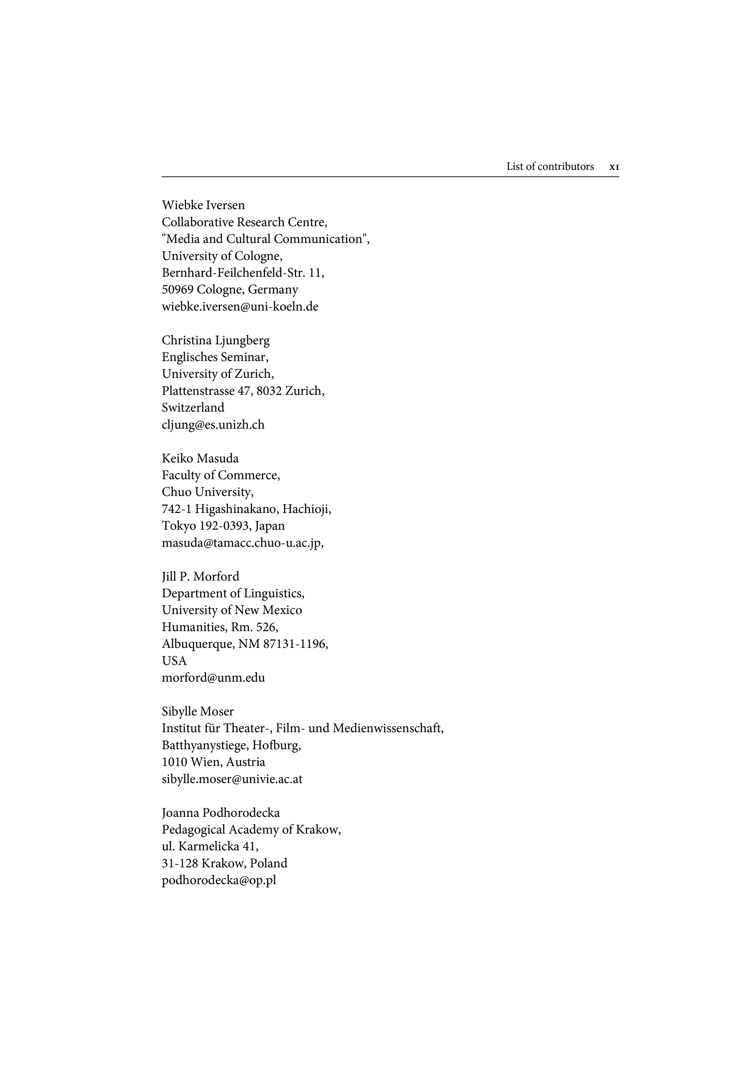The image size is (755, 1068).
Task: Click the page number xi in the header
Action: pos(614,167)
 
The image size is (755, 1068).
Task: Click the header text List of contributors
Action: pos(550,167)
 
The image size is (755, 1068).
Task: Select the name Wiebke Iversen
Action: pos(203,205)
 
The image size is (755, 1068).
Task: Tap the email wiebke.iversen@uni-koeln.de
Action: pos(240,307)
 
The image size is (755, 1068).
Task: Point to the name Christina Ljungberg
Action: pos(215,340)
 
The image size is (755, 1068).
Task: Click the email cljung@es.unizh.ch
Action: pos(213,425)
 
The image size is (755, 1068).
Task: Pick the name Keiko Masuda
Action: pos(200,458)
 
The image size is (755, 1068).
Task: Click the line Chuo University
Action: pos(207,492)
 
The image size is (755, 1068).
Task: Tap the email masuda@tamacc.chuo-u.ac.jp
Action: pos(242,543)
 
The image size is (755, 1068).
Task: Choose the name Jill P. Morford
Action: pos(200,577)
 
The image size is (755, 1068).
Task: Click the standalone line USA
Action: pos(174,661)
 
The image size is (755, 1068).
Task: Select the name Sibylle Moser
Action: pos(198,712)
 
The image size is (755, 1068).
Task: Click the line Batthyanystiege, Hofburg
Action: pos(231,745)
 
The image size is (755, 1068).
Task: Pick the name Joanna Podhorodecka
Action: pos(221,813)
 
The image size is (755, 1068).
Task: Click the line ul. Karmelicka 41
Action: pos(210,847)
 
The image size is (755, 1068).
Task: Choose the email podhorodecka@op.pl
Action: pos(219,880)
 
